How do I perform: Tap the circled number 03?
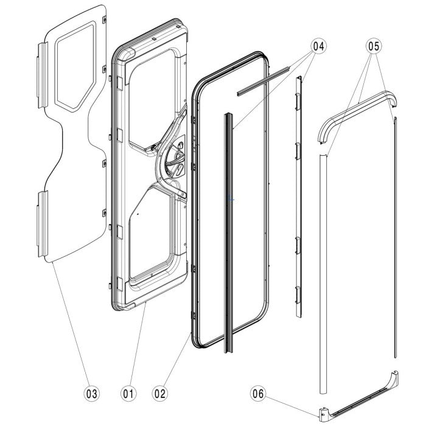pos(92,394)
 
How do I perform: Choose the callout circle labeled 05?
pos(374,45)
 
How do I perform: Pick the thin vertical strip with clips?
pos(299,195)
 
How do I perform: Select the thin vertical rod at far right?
pos(395,243)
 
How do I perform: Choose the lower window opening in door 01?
pos(154,234)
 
